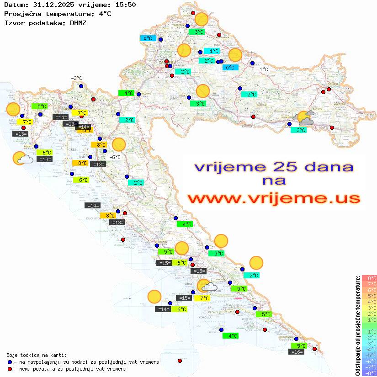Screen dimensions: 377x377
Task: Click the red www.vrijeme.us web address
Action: [274, 198]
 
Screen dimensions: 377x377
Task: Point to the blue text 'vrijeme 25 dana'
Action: [274, 166]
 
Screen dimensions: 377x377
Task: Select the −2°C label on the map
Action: [76, 78]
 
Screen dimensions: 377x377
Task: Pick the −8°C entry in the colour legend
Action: [369, 373]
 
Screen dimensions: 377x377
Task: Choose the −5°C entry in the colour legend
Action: [369, 355]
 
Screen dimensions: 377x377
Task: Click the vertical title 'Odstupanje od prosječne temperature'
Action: [357, 325]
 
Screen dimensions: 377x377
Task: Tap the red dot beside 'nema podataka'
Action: [10, 369]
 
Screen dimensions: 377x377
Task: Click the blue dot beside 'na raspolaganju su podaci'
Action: [10, 362]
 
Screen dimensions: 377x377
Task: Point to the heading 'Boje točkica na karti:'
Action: [37, 355]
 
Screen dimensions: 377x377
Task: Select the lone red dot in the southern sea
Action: [180, 361]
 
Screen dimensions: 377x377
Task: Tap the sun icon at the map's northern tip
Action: [201, 19]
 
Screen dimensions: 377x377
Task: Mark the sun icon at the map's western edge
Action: [13, 110]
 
